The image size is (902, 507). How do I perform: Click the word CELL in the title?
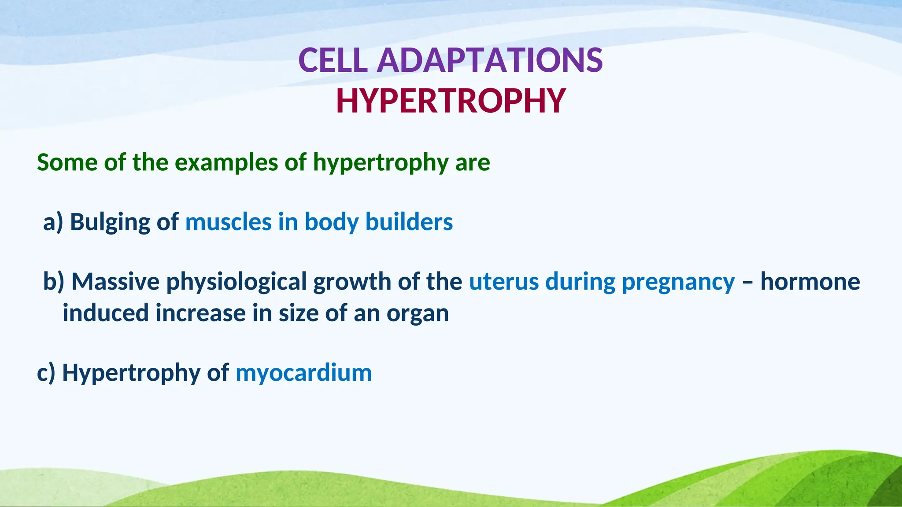click(x=333, y=60)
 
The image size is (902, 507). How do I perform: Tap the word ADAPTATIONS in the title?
click(x=490, y=60)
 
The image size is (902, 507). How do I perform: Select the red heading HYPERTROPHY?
click(x=451, y=101)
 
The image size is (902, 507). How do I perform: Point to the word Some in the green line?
click(x=67, y=162)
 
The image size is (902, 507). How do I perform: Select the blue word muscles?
click(x=228, y=222)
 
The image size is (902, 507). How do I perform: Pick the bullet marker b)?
click(x=53, y=282)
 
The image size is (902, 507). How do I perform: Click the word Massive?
click(x=115, y=282)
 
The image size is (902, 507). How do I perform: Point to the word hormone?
click(x=810, y=282)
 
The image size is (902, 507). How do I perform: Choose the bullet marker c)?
click(x=46, y=373)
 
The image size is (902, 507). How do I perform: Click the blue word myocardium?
click(x=303, y=373)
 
